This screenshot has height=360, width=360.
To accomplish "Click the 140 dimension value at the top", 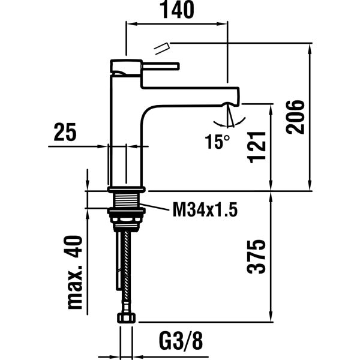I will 177,10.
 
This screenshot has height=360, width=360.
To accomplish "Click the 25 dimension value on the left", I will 65,133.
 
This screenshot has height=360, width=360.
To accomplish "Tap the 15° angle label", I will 217,142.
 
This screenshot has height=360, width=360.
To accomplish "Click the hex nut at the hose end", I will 126,317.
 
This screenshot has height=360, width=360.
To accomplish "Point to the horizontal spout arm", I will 192,95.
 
